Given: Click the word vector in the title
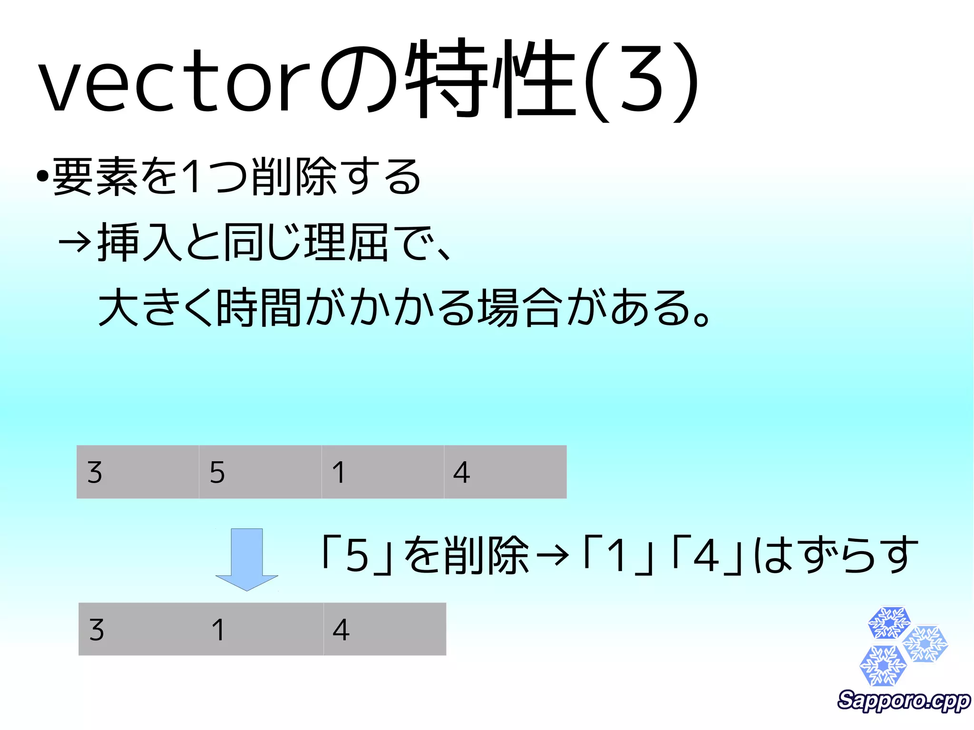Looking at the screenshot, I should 174,83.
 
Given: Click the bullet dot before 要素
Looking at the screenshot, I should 43,177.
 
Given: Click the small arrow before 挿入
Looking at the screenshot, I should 74,242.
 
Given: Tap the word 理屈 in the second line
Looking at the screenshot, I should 346,242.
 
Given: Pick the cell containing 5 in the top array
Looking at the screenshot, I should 260,472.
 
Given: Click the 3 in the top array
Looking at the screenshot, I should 95,473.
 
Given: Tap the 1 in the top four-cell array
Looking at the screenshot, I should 339,473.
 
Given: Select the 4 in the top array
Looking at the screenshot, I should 461,473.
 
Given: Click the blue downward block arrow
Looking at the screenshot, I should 246,559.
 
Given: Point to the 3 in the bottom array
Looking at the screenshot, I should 97,630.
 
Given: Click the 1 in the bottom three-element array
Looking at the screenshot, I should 218,630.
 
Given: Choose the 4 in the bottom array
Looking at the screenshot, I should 341,630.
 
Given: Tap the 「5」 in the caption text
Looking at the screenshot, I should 357,555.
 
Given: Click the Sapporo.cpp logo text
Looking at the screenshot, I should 903,701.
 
